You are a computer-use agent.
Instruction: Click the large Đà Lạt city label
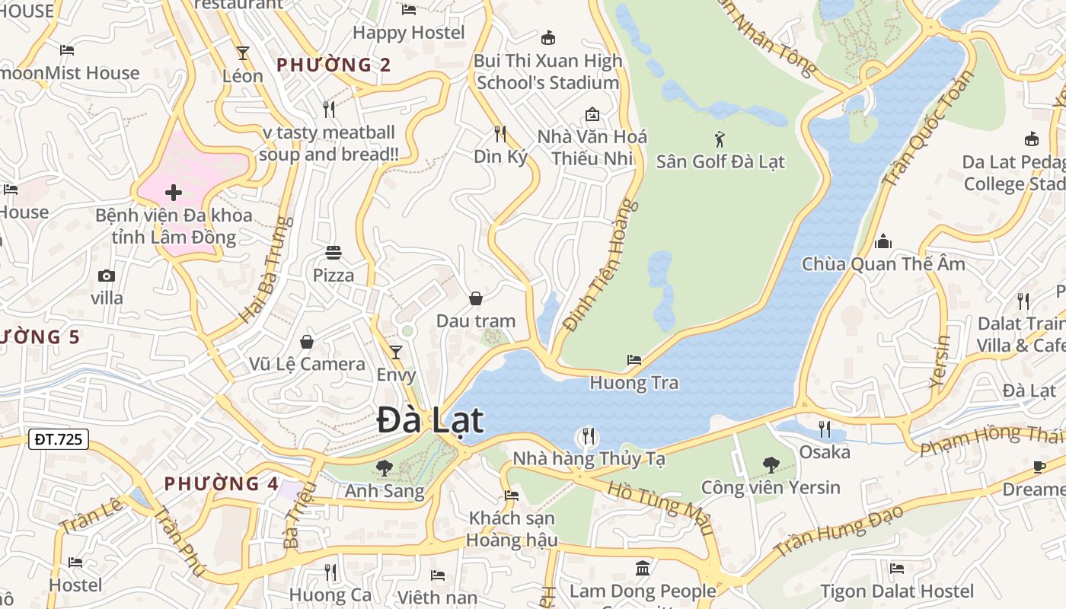tap(430, 421)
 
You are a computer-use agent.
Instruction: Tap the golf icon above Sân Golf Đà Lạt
tap(720, 139)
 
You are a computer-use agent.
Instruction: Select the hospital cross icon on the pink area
tap(174, 193)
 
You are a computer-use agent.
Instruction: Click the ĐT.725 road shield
tap(59, 439)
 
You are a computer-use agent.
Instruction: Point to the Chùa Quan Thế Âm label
tap(883, 264)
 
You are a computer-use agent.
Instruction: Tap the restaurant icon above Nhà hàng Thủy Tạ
tap(588, 436)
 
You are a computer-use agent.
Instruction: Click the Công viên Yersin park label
tap(771, 487)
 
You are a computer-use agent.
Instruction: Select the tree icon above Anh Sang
tap(385, 467)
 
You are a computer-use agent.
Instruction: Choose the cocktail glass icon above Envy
tap(396, 352)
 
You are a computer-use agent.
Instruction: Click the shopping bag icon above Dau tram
tap(476, 298)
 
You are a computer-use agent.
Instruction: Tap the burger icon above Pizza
tap(334, 252)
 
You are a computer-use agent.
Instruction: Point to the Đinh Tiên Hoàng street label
tap(599, 264)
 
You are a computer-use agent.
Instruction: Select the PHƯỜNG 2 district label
tap(334, 65)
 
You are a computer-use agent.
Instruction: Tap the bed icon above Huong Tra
tap(634, 359)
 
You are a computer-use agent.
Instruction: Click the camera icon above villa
tap(107, 276)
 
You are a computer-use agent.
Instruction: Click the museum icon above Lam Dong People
tap(643, 568)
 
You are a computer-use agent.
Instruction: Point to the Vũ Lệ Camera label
tap(307, 364)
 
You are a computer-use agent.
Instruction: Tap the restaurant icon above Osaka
tap(824, 429)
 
